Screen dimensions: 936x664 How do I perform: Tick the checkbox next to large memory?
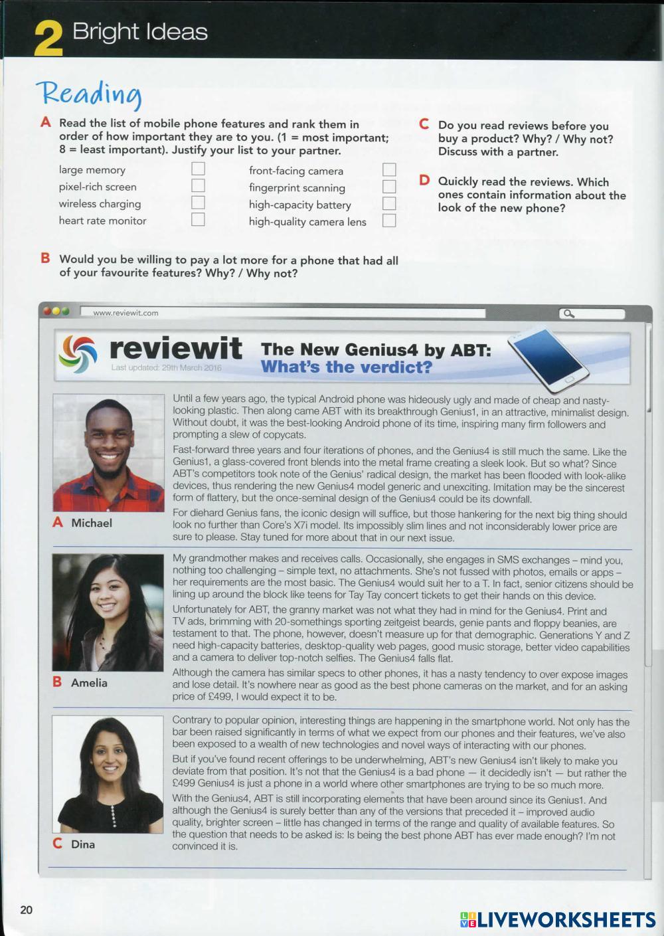click(x=198, y=169)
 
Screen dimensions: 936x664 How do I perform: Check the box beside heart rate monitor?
click(x=198, y=220)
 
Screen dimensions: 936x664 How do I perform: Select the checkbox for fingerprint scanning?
click(x=389, y=187)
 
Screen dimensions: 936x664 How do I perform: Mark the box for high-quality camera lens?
click(x=389, y=221)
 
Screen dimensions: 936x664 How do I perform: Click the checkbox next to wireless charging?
click(x=198, y=203)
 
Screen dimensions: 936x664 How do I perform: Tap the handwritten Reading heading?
click(x=89, y=95)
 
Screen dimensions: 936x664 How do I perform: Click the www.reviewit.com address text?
click(x=126, y=313)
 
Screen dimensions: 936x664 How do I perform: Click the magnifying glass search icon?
click(x=568, y=314)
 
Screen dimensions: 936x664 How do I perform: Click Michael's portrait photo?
click(x=108, y=453)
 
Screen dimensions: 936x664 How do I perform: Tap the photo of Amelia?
click(x=108, y=612)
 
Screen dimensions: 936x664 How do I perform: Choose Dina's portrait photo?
click(x=108, y=774)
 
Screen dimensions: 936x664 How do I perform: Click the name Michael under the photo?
click(x=92, y=523)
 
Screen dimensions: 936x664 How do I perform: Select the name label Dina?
click(x=83, y=844)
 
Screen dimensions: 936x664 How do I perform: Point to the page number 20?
click(x=26, y=909)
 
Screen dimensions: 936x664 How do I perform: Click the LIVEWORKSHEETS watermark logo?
click(x=558, y=919)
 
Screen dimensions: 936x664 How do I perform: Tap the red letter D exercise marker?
click(x=424, y=181)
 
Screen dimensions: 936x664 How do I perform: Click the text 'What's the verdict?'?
click(x=346, y=367)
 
